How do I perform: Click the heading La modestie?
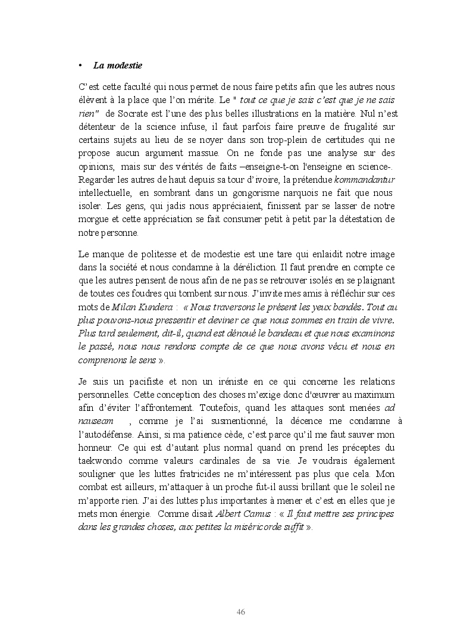[x=118, y=64]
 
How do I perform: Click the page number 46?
[x=241, y=612]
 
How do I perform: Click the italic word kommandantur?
[x=365, y=179]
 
